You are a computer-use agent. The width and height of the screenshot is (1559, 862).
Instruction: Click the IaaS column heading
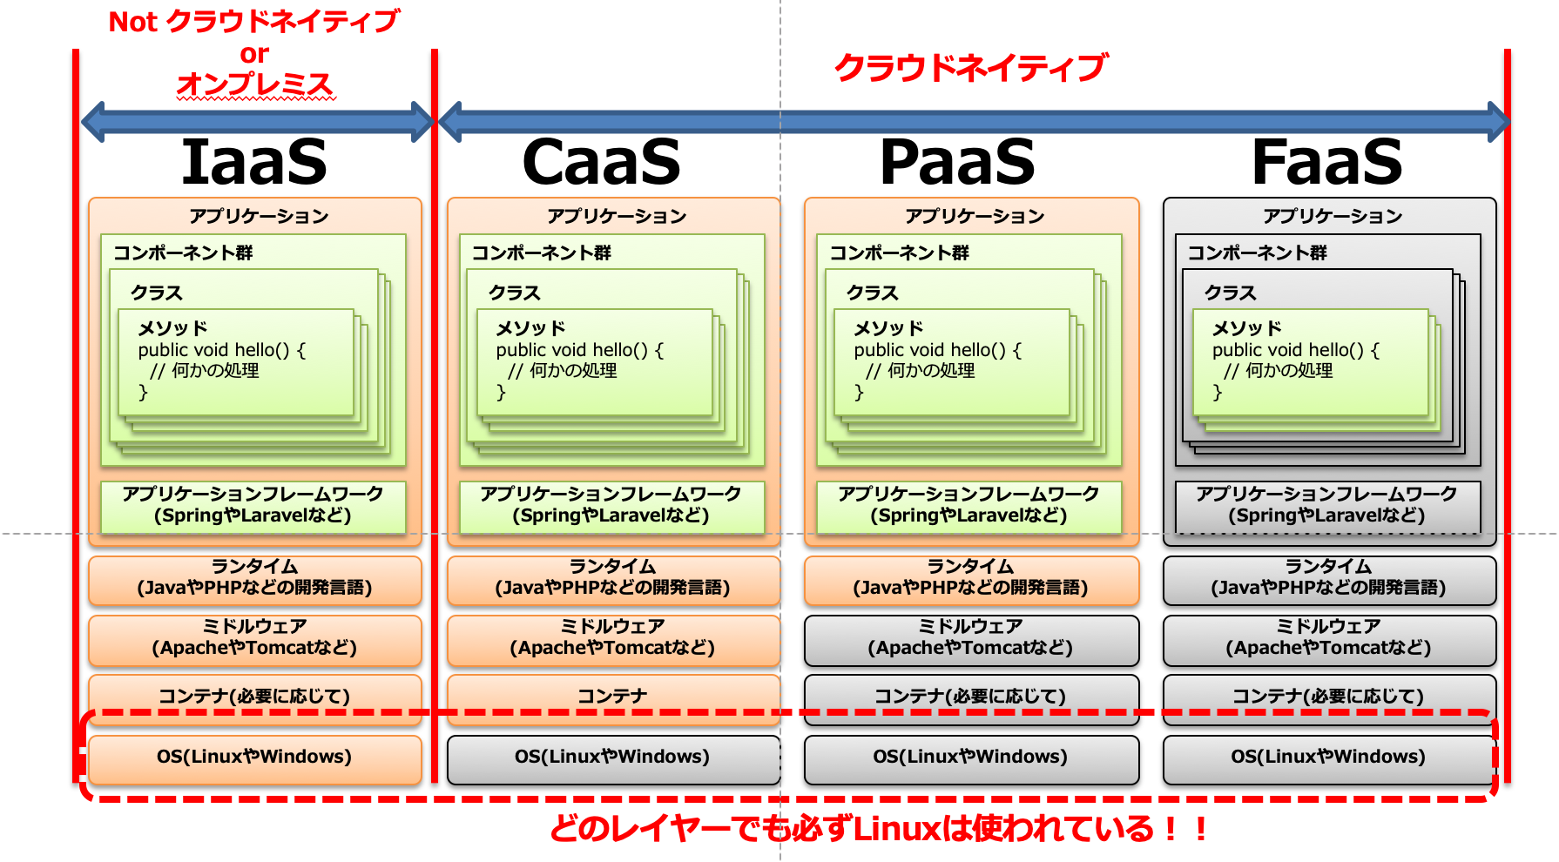253,162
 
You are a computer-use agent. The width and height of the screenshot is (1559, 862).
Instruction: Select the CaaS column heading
601,162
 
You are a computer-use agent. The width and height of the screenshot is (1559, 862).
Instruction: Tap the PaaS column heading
957,162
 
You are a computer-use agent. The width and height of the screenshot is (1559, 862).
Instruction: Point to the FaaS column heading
1326,162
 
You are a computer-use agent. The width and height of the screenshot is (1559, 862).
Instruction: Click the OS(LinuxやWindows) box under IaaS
254,757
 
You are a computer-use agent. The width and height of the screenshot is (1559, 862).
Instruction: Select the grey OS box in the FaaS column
1328,757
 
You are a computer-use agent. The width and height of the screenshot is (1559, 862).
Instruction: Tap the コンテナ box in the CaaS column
612,696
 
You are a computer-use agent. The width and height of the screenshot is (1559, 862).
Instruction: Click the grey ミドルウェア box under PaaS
970,638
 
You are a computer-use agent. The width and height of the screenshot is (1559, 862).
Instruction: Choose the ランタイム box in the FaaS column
1328,578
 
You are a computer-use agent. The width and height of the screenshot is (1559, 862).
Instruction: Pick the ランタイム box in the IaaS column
254,578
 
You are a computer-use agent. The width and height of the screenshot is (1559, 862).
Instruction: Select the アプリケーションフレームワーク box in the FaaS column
1326,506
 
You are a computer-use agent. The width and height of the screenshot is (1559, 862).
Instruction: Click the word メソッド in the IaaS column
172,328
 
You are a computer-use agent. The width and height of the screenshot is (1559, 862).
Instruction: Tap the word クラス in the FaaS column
1230,293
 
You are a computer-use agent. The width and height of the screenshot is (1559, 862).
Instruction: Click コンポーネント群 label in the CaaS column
541,253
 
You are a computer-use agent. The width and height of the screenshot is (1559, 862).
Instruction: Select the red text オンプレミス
254,84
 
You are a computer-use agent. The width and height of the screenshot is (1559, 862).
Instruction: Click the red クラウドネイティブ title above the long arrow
970,68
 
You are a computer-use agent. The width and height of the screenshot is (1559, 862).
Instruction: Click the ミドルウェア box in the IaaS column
254,638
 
